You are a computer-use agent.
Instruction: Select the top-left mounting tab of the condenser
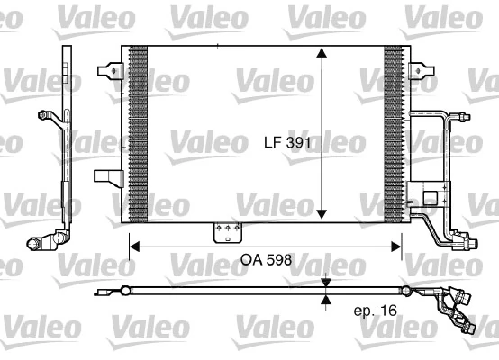click(111, 69)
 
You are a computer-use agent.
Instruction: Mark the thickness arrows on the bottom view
click(326, 291)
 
